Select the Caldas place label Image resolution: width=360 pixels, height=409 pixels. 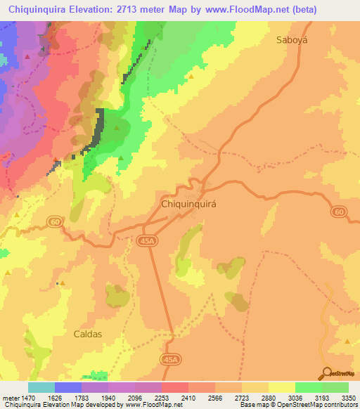pyautogui.click(x=89, y=334)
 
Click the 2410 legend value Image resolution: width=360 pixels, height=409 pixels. pyautogui.click(x=188, y=398)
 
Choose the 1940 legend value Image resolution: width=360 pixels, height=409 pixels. pyautogui.click(x=108, y=398)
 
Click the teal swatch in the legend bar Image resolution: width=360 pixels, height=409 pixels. pyautogui.click(x=41, y=387)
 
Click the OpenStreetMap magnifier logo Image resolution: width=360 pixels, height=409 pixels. pyautogui.click(x=327, y=373)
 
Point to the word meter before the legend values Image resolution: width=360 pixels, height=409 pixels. pyautogui.click(x=11, y=398)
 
